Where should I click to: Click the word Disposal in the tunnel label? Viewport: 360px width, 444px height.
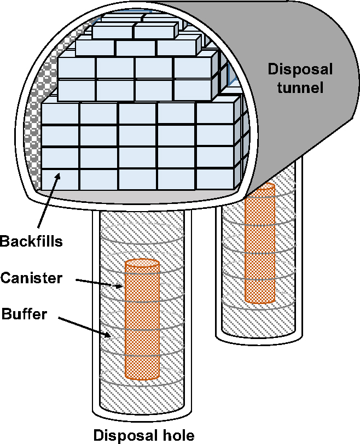(x=300, y=69)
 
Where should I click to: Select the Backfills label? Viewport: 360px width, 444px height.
(x=31, y=242)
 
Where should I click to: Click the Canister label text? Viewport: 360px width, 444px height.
(x=31, y=278)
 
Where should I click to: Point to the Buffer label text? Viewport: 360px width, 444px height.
(x=24, y=314)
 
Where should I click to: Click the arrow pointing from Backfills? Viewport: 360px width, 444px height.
(x=49, y=201)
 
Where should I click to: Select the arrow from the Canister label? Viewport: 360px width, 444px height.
(x=99, y=283)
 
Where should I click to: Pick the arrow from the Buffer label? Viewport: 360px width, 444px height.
(x=84, y=327)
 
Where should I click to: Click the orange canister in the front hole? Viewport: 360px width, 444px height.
(x=142, y=319)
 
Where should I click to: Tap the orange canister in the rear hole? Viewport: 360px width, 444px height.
(x=260, y=243)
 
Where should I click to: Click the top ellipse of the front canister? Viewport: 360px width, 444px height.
(x=142, y=263)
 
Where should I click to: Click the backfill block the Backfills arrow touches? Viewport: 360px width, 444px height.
(x=60, y=179)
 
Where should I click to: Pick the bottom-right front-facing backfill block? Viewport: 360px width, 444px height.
(x=214, y=179)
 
